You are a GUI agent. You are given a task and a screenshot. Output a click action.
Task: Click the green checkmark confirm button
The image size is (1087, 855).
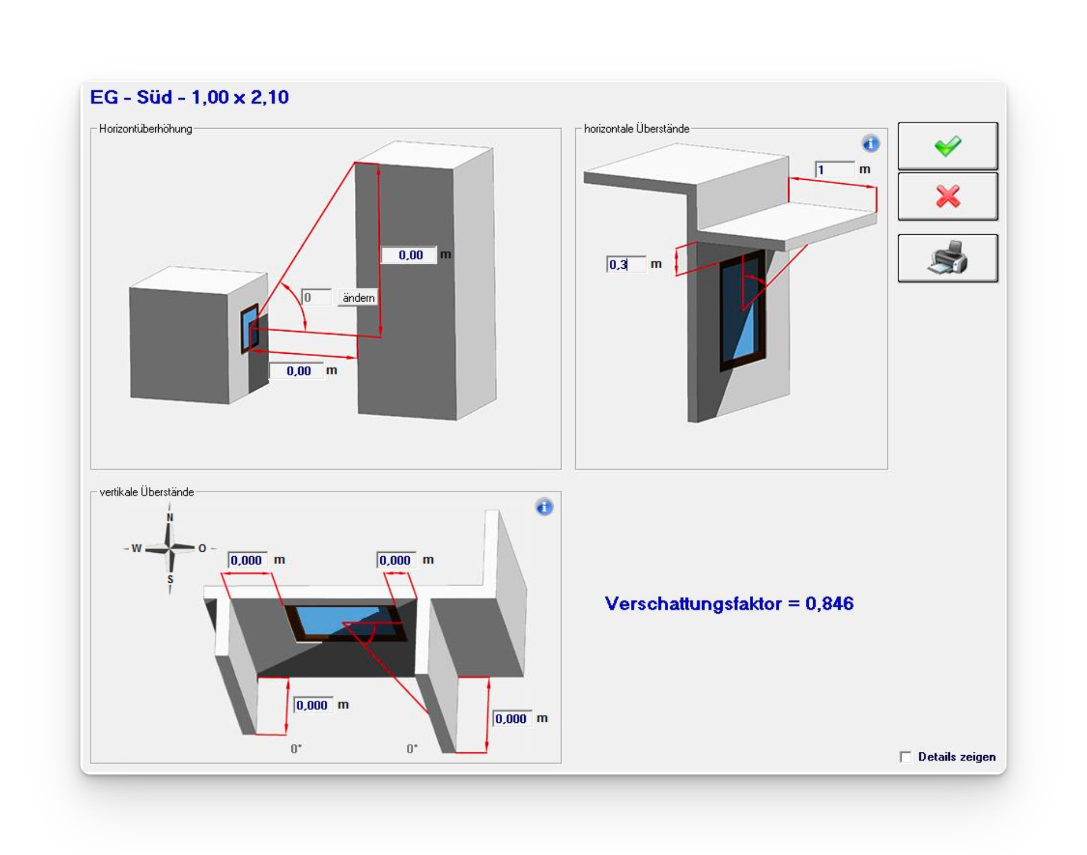click(948, 146)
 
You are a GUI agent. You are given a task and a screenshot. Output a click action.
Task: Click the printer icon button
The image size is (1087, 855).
click(948, 258)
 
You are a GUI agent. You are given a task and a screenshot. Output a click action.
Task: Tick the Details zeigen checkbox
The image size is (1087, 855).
click(906, 757)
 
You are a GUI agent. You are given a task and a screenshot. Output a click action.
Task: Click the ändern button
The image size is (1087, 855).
click(358, 298)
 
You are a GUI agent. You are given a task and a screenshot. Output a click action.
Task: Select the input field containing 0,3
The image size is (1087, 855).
click(626, 264)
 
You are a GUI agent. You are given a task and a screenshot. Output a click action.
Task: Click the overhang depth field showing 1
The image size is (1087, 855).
click(834, 170)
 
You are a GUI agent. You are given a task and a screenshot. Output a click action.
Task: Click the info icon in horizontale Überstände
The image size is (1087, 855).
click(871, 144)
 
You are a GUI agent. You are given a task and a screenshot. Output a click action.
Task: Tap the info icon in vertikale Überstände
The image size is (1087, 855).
click(544, 507)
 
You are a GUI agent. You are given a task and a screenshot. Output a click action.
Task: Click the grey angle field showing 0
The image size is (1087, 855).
click(316, 298)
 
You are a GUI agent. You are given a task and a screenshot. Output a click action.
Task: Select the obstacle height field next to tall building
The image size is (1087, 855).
click(409, 255)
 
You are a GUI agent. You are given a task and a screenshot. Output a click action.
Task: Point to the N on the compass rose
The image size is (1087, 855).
click(169, 517)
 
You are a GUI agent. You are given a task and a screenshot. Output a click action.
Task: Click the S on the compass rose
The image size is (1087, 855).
click(170, 579)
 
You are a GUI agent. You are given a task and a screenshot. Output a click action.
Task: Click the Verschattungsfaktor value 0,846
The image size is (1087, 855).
click(829, 603)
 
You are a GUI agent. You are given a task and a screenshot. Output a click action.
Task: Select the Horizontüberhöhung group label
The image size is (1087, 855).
click(146, 129)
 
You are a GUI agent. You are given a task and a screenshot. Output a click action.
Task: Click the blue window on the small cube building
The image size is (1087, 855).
click(249, 329)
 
